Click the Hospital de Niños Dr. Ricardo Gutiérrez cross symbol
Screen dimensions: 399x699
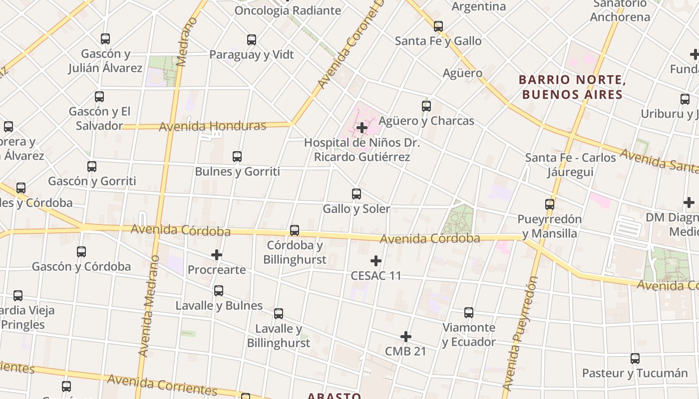(362, 128)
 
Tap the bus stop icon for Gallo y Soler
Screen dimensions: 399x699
(356, 194)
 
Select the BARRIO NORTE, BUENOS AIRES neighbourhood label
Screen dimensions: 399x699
(572, 87)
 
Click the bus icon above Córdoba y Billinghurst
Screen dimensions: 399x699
(295, 230)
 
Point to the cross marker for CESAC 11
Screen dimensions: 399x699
(376, 261)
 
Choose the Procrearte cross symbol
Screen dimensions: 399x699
(216, 255)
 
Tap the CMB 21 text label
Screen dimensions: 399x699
(405, 351)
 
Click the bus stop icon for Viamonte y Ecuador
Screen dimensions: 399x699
(469, 313)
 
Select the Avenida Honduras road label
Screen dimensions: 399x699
(213, 127)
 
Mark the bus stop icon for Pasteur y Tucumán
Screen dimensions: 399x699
(635, 359)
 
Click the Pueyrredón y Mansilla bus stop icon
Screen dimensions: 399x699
(550, 204)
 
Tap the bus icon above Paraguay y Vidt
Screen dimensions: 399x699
(252, 40)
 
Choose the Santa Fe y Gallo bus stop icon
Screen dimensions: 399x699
(438, 26)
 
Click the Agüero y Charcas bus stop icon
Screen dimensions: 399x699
(426, 106)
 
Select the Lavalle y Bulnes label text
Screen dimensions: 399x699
(219, 305)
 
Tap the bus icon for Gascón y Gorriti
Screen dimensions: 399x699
(92, 167)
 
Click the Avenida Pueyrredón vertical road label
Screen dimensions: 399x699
(520, 333)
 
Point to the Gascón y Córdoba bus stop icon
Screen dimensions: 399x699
(81, 252)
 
